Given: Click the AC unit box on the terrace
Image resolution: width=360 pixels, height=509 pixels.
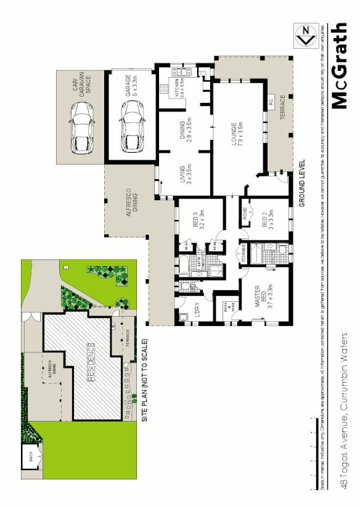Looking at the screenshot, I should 269,102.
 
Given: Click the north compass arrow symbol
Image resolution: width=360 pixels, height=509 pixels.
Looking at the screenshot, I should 303,35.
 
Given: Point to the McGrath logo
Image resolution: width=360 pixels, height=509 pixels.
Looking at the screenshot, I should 342,67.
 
